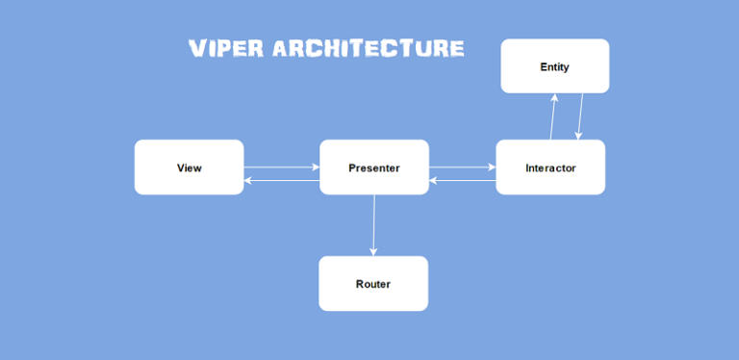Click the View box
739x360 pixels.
(189, 167)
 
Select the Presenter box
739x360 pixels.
(373, 167)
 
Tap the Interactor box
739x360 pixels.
(550, 167)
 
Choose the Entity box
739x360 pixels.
(554, 66)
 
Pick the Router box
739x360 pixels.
(373, 284)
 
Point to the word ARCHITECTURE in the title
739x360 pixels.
(369, 48)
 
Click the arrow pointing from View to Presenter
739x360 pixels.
(281, 167)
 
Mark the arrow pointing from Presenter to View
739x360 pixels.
(281, 179)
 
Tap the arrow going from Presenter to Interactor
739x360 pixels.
(462, 167)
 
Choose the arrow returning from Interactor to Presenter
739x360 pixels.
(462, 179)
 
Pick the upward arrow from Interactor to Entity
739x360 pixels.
(552, 116)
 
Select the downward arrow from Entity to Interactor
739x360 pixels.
(580, 116)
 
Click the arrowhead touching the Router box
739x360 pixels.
(373, 252)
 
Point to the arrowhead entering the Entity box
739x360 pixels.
(555, 97)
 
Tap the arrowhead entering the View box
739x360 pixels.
(248, 179)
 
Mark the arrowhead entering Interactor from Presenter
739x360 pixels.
(492, 167)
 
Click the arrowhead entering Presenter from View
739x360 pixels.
(316, 167)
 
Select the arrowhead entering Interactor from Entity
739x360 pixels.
(577, 136)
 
